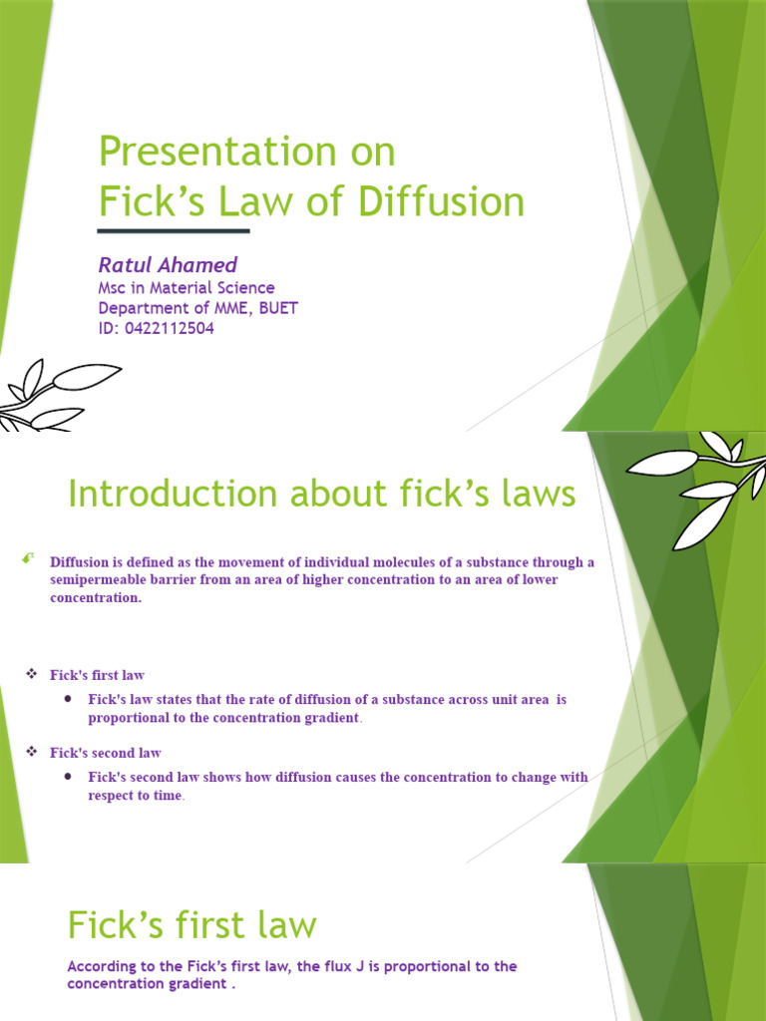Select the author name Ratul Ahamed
coord(168,264)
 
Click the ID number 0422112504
coord(170,328)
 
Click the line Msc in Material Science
coord(187,288)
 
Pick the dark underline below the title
coord(174,231)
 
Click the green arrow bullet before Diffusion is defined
coord(28,561)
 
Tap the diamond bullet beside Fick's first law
coord(31,675)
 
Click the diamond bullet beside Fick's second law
coord(31,752)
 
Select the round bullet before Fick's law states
coord(68,699)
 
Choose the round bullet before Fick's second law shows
coord(68,776)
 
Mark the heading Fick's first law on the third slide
coord(191,925)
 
